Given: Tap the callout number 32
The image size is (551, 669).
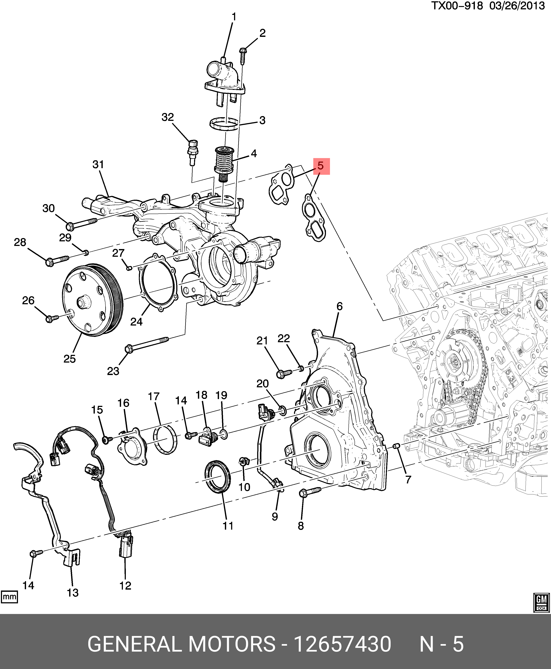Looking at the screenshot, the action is click(168, 117).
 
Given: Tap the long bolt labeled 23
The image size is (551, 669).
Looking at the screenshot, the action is click(148, 344).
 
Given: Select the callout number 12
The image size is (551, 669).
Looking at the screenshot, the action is click(125, 586).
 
